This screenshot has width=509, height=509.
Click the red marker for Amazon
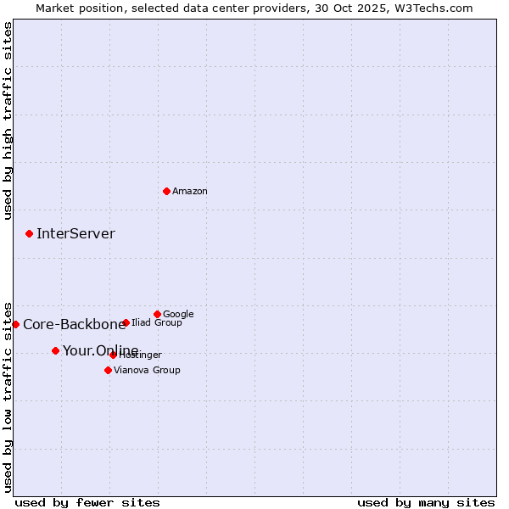pyautogui.click(x=166, y=191)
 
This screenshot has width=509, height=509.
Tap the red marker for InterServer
pyautogui.click(x=29, y=233)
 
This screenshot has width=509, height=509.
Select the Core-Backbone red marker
pyautogui.click(x=15, y=324)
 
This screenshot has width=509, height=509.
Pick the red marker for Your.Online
pyautogui.click(x=55, y=350)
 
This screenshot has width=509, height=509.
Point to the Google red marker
pyautogui.click(x=157, y=314)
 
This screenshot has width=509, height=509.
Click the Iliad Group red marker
pyautogui.click(x=126, y=322)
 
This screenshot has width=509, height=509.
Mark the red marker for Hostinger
pyautogui.click(x=113, y=355)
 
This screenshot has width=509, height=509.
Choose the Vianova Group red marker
pyautogui.click(x=108, y=370)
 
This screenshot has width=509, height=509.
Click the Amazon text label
pyautogui.click(x=190, y=191)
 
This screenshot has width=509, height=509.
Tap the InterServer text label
pyautogui.click(x=76, y=234)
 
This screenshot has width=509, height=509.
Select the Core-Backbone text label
pyautogui.click(x=74, y=324)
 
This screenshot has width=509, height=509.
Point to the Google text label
pyautogui.click(x=178, y=314)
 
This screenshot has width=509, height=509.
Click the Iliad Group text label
pyautogui.click(x=157, y=322)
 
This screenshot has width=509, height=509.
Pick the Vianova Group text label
pyautogui.click(x=147, y=370)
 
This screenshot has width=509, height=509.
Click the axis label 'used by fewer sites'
pyautogui.click(x=87, y=502)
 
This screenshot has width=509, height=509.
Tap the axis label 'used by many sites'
pyautogui.click(x=426, y=502)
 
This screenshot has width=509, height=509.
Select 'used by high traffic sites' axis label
pyautogui.click(x=8, y=120)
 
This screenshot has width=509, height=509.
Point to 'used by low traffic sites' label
pyautogui.click(x=8, y=395)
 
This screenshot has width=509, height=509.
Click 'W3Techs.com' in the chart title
pyautogui.click(x=438, y=8)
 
